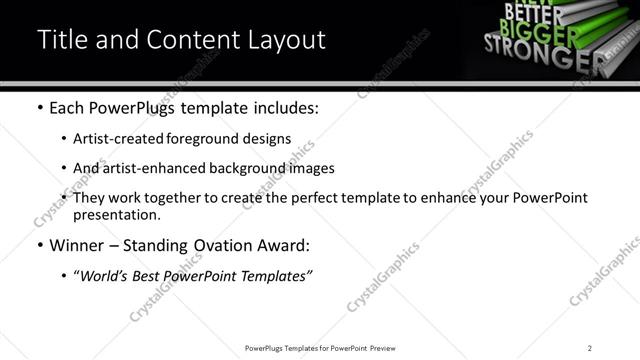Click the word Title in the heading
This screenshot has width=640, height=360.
[60, 39]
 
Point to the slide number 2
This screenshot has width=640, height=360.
[590, 348]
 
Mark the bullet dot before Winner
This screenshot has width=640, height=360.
[39, 246]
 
